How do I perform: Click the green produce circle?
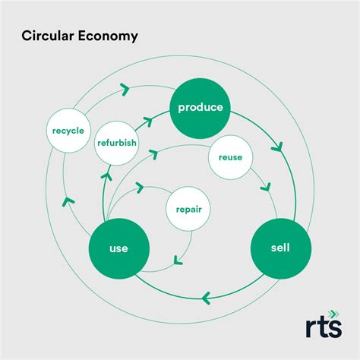pyautogui.click(x=201, y=107)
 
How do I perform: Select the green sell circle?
pyautogui.click(x=280, y=248)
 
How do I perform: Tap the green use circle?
pyautogui.click(x=118, y=248)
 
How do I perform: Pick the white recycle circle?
pyautogui.click(x=68, y=131)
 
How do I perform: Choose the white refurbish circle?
pyautogui.click(x=117, y=141)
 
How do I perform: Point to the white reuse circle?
pyautogui.click(x=230, y=157)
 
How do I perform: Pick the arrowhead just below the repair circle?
pyautogui.click(x=177, y=260)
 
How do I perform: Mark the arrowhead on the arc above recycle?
pyautogui.click(x=124, y=90)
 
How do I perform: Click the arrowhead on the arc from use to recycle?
pyautogui.click(x=68, y=201)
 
